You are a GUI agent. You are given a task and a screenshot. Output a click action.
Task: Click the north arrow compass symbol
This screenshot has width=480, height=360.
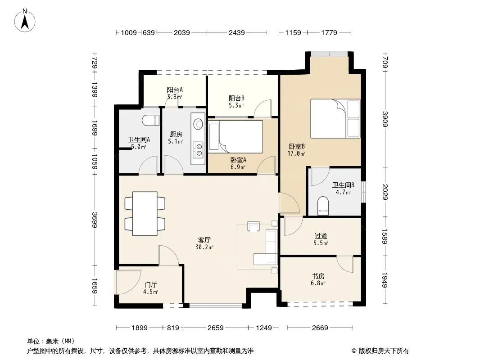[x=25, y=21]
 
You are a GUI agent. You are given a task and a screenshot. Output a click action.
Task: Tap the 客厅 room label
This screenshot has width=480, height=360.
[x=204, y=240]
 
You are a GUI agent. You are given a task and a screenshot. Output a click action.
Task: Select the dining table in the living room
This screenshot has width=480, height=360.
[x=145, y=213]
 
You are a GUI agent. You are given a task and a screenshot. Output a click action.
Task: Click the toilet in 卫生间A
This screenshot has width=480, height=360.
[x=150, y=120]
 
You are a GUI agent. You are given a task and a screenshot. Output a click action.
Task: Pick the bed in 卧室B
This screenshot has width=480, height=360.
[x=335, y=118]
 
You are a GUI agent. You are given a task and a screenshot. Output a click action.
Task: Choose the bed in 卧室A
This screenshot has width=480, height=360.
[x=235, y=136]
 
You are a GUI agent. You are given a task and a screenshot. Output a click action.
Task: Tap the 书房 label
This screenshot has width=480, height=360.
[x=318, y=276]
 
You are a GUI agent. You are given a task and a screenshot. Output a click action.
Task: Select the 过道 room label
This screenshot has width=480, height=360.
[x=321, y=236]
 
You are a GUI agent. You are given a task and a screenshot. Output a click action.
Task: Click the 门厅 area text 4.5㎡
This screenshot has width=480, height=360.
[x=150, y=292]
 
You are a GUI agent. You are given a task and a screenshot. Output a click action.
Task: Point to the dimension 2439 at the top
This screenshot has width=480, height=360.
[x=237, y=32]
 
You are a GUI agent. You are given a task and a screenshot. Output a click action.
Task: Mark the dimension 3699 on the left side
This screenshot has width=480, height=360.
[x=94, y=220]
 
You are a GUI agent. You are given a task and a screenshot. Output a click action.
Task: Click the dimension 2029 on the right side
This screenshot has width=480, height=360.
[x=385, y=192]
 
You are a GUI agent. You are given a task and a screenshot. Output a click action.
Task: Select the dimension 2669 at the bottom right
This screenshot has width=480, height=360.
[x=320, y=328]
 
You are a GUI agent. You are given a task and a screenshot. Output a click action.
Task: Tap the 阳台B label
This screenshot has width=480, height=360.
[x=236, y=98]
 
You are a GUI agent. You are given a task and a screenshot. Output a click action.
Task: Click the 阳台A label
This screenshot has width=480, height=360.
[x=175, y=90]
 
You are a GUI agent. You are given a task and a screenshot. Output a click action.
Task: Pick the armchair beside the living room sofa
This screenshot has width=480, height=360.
[x=254, y=226]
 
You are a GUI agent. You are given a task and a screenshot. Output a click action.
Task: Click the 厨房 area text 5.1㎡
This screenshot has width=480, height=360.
[x=176, y=142]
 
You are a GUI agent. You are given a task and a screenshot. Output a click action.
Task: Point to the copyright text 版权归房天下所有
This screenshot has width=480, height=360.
[x=383, y=351]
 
